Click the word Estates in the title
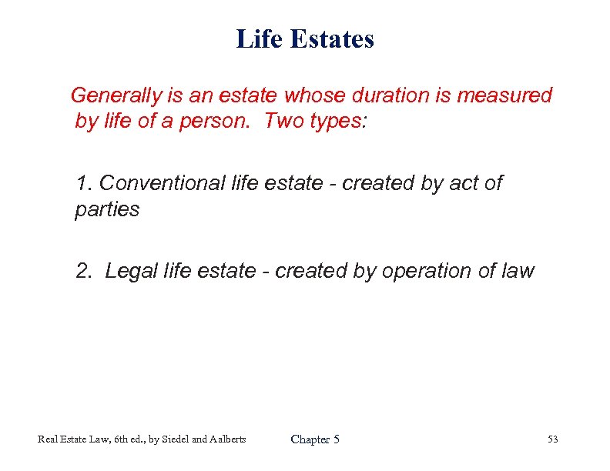333,38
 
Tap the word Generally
116,95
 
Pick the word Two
284,122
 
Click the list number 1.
83,183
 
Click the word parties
107,209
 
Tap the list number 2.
83,271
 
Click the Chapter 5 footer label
315,439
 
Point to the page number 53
552,439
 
